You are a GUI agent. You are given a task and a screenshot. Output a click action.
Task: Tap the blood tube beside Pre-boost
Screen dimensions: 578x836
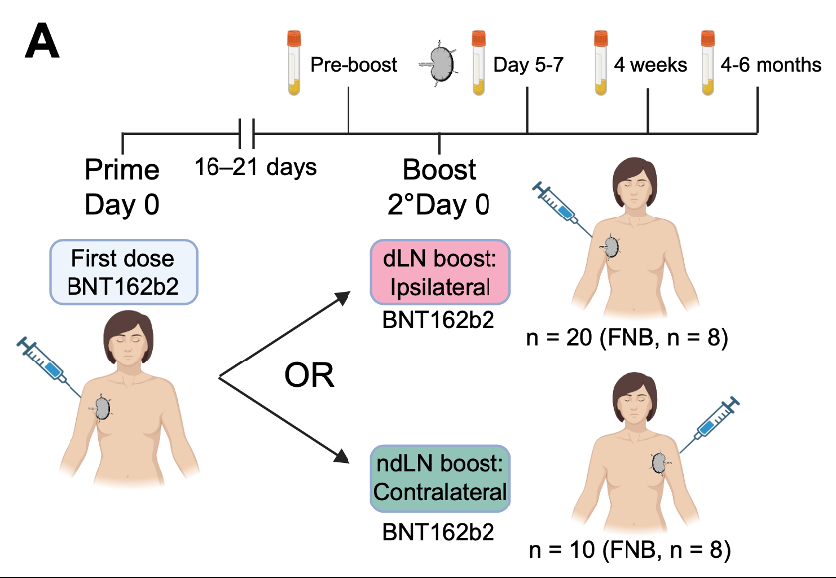coord(293,63)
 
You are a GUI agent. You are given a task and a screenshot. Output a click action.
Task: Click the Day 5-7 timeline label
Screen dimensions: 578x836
coord(529,65)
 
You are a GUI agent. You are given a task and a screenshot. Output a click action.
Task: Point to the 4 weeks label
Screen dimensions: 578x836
coord(650,65)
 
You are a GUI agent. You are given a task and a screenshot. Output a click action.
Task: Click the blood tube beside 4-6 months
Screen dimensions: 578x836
coord(707,63)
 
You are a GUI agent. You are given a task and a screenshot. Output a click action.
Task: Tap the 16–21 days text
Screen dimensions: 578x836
coord(255,166)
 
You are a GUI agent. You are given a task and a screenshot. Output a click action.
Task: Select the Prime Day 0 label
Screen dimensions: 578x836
coord(122,187)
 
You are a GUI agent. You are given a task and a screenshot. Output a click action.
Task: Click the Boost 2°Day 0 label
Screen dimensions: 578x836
coord(439,187)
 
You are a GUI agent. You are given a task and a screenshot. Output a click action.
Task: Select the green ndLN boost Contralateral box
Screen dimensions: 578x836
coord(440,479)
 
